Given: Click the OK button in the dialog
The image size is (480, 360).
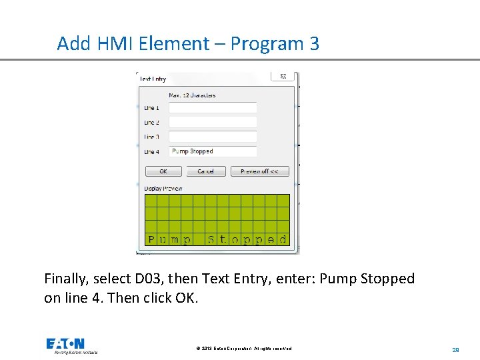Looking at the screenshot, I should tap(163, 171).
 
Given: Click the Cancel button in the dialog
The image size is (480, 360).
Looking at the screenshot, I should tap(205, 171).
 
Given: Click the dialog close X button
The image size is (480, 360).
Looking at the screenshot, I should tap(283, 77).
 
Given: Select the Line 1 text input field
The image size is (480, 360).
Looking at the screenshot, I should tap(213, 108).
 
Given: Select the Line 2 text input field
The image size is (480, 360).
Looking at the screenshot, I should tap(213, 123).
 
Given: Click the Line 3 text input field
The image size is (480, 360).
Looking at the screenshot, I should tap(213, 137).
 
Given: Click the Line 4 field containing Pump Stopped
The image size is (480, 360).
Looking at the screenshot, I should tap(213, 151).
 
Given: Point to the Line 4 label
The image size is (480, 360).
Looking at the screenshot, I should tap(151, 152).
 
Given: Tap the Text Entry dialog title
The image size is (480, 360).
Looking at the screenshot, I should tap(153, 79).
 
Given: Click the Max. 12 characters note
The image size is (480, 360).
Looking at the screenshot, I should tap(192, 95).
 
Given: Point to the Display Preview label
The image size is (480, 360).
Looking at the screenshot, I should tap(163, 189).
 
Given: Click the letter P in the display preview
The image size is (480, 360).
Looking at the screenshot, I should tap(151, 239).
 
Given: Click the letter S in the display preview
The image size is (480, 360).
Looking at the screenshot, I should tap(211, 239).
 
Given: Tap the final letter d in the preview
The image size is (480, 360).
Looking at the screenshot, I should tap(283, 239).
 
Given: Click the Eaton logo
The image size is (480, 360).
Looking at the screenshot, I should tap(66, 344).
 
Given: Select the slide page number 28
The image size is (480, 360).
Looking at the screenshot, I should tap(456, 349).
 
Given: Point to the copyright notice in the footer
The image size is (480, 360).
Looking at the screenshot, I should tap(244, 349).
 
